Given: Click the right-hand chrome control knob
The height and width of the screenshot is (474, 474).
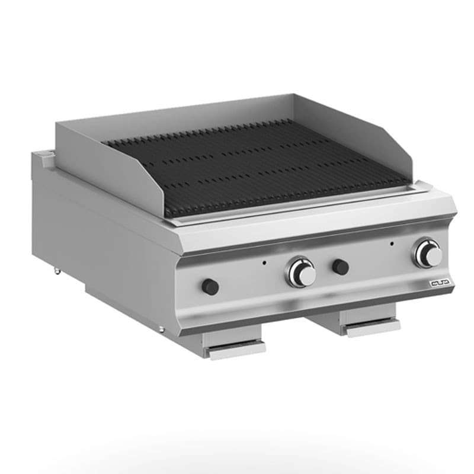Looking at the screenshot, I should tap(428, 254).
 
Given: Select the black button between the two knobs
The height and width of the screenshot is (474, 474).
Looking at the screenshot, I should tap(340, 267).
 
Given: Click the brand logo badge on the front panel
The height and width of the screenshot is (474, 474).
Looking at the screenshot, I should tap(441, 284).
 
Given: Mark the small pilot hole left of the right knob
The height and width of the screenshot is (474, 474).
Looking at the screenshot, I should tap(391, 243).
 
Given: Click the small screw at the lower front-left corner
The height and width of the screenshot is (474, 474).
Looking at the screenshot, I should tap(161, 329).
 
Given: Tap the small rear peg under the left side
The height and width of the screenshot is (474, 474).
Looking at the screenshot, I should tap(57, 271).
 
